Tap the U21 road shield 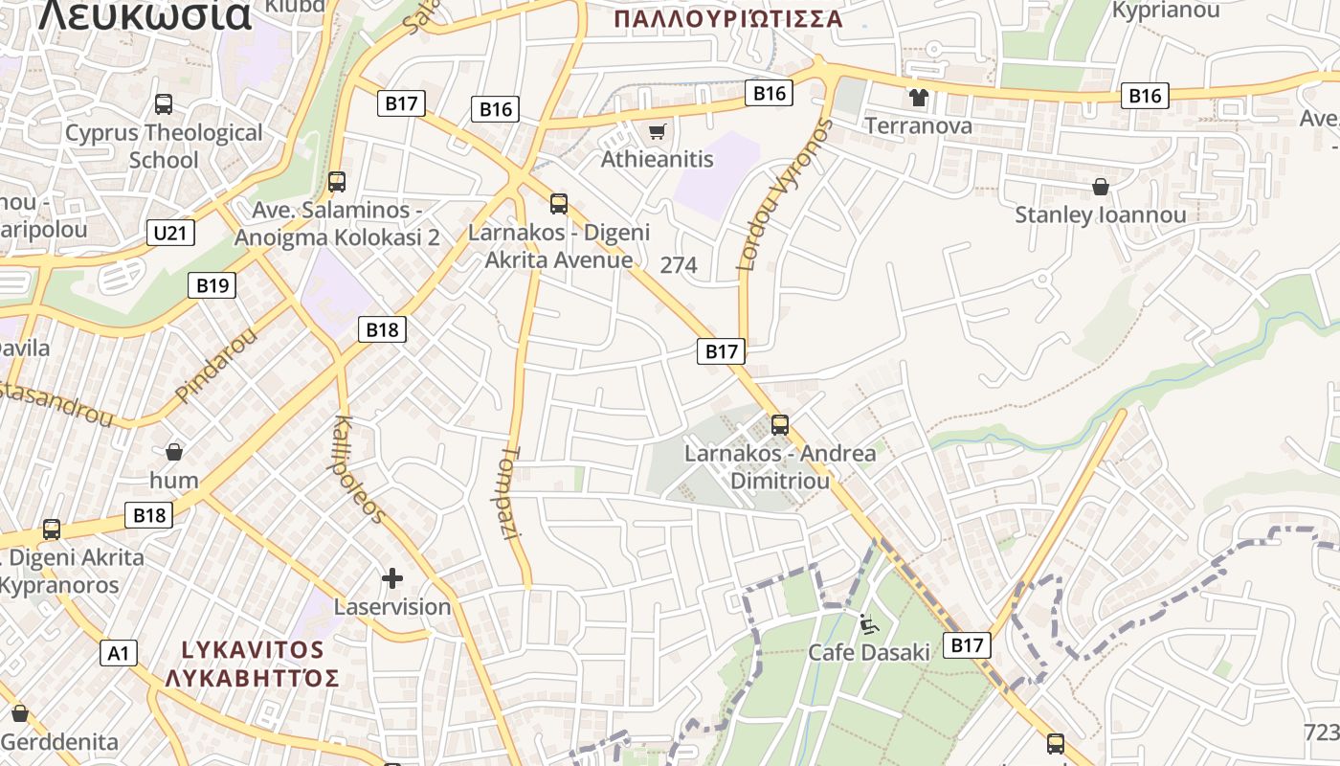[171, 233]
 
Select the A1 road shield [119, 653]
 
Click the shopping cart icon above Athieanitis [657, 131]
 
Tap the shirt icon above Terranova [919, 98]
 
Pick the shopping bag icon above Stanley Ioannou [1101, 187]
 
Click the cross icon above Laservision [391, 578]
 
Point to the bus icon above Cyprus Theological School [164, 104]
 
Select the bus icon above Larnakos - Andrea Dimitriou [780, 424]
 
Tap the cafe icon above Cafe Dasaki [867, 624]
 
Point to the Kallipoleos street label [360, 469]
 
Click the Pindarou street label [217, 365]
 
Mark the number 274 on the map [679, 265]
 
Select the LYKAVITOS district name [253, 649]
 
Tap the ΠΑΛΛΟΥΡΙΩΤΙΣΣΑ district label [728, 19]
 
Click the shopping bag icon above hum [174, 451]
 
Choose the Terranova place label [919, 125]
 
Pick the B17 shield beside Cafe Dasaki [967, 645]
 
